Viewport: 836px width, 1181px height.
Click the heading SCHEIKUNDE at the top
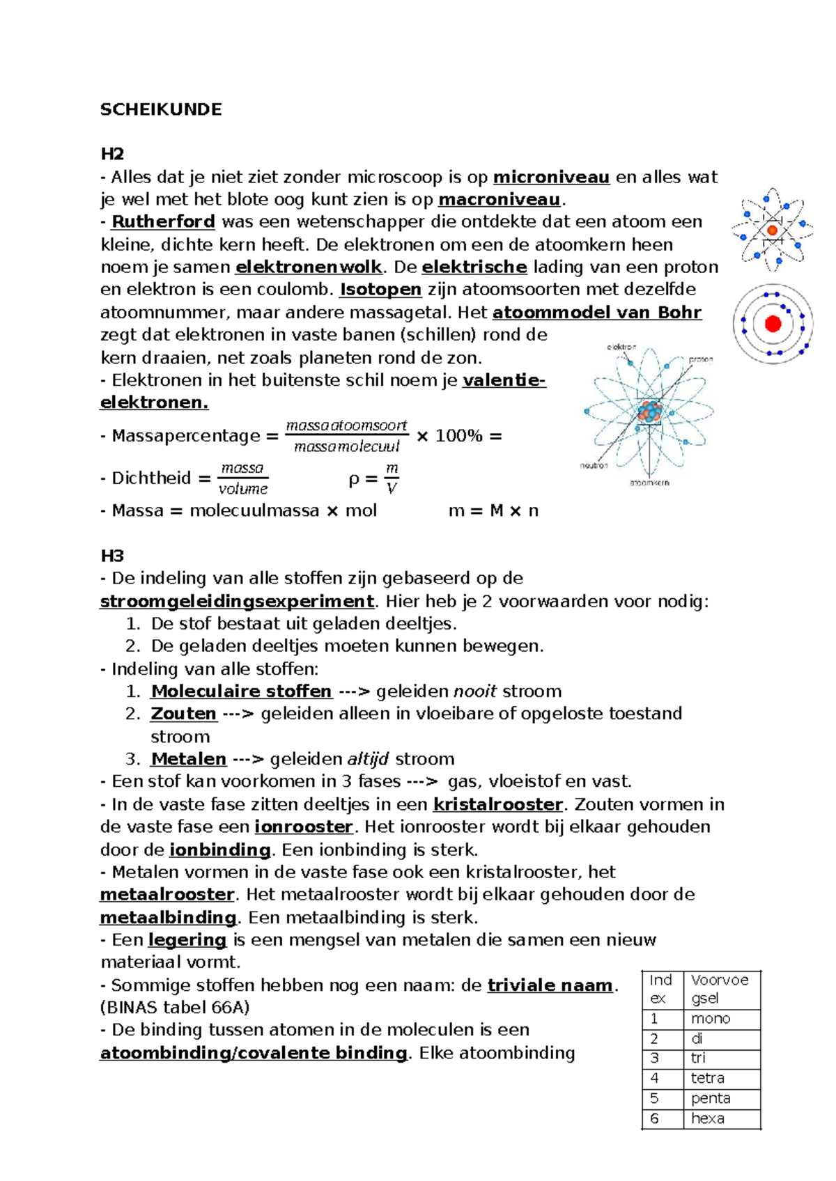tap(161, 109)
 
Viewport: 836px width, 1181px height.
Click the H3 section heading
tap(112, 556)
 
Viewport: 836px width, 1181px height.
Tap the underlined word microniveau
tap(551, 178)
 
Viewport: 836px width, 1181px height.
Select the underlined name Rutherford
tap(163, 222)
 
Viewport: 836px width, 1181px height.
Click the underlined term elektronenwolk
tap(309, 267)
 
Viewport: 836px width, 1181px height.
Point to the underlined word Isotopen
tap(380, 290)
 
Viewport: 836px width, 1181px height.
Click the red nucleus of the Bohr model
tap(773, 324)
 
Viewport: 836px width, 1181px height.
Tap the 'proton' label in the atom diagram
tap(700, 360)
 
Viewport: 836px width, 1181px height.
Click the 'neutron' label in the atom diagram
tap(594, 465)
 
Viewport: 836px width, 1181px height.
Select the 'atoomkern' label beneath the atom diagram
tap(649, 483)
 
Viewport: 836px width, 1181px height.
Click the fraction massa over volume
tap(242, 478)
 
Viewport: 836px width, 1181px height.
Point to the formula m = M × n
tap(493, 511)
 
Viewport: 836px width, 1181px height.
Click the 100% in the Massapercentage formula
tap(458, 437)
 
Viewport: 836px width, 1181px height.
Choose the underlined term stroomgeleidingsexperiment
tap(237, 602)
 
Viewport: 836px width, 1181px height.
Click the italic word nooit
tap(474, 691)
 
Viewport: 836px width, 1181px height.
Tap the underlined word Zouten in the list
tap(183, 714)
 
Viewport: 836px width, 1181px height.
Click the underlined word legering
tap(187, 940)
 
